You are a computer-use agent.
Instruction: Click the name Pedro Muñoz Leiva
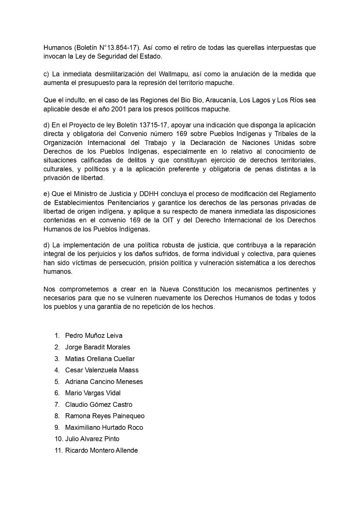[93, 335]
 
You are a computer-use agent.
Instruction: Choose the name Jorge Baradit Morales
[97, 347]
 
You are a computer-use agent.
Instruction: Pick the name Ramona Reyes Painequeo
[105, 416]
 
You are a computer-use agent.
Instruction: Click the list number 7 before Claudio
[57, 404]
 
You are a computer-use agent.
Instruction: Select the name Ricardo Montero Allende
[101, 451]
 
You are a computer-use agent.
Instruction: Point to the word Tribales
[298, 134]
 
